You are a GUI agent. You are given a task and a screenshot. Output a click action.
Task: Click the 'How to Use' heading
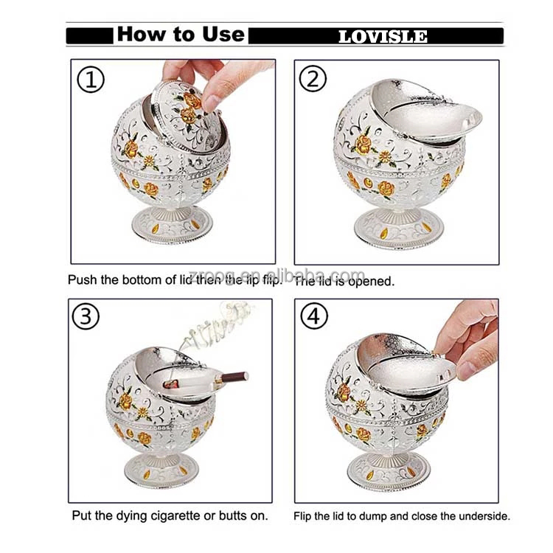tap(180, 35)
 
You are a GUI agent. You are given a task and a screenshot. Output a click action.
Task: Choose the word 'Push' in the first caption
tap(82, 280)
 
